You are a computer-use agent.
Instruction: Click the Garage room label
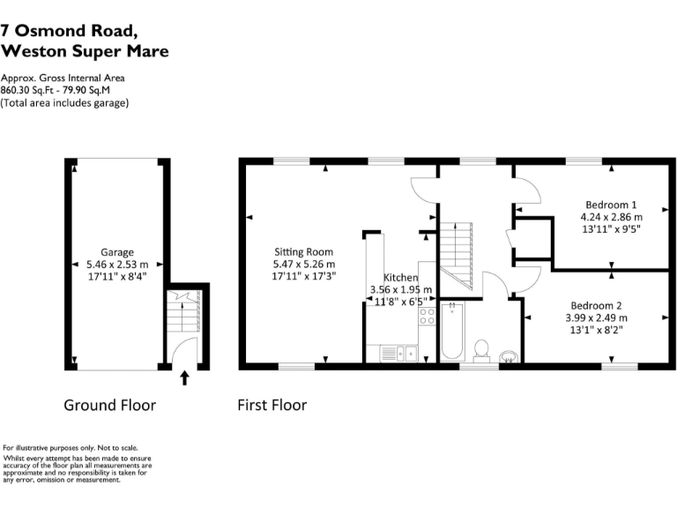(x=116, y=252)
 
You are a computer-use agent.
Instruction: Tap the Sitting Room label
(x=303, y=251)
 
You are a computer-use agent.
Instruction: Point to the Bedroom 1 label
(x=611, y=204)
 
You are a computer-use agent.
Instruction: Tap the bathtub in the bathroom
(x=452, y=332)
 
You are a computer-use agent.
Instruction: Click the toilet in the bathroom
(x=482, y=350)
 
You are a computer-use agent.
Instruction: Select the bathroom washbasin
(x=510, y=356)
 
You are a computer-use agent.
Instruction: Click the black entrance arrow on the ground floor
(x=184, y=377)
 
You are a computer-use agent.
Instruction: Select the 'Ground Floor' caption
(x=109, y=406)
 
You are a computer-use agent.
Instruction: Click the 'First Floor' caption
(x=272, y=406)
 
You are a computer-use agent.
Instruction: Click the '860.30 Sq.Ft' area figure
(x=27, y=90)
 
